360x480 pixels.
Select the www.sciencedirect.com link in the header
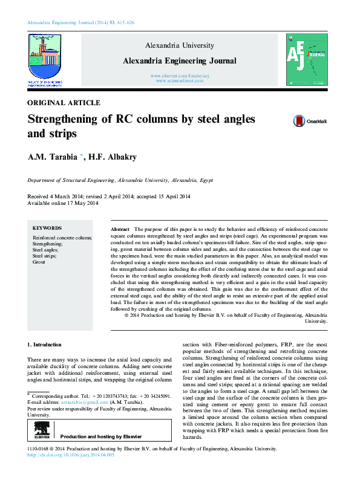click(180, 80)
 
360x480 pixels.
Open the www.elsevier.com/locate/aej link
click(180, 74)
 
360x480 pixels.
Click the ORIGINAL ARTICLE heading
click(64, 103)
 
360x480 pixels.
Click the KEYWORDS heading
click(47, 228)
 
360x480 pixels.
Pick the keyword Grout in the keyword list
click(39, 262)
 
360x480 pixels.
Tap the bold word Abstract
click(120, 230)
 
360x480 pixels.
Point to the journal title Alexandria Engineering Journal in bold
click(180, 61)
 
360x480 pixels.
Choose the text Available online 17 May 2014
click(63, 203)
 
